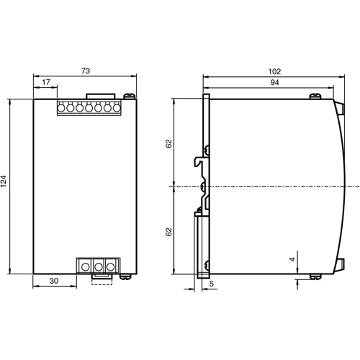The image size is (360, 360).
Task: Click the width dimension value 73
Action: [x=85, y=72]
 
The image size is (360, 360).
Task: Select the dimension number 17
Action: [x=45, y=83]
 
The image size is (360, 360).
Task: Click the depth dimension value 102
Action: [x=274, y=72]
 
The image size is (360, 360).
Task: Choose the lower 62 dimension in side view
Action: [x=168, y=232]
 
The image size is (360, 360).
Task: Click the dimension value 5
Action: [x=210, y=285]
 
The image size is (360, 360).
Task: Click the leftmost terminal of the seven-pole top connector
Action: [x=63, y=108]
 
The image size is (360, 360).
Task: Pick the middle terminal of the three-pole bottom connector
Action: [x=98, y=266]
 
